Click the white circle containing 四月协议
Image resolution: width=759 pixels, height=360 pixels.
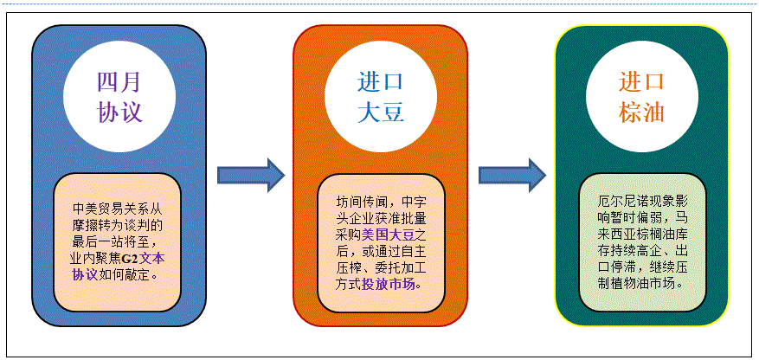point(119,97)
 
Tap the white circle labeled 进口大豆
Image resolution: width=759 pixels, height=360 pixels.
point(381,97)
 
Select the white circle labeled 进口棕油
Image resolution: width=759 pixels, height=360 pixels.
point(642,97)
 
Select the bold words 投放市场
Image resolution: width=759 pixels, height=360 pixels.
point(389,283)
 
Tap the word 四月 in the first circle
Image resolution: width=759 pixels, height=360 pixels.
point(119,82)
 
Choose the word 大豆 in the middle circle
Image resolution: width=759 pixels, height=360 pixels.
point(381,112)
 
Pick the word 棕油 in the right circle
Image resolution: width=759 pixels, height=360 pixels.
point(642,112)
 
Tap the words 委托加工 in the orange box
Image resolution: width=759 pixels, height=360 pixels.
point(406,267)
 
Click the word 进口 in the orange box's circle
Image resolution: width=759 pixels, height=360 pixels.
point(381,82)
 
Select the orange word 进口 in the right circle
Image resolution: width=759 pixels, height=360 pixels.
point(642,82)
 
